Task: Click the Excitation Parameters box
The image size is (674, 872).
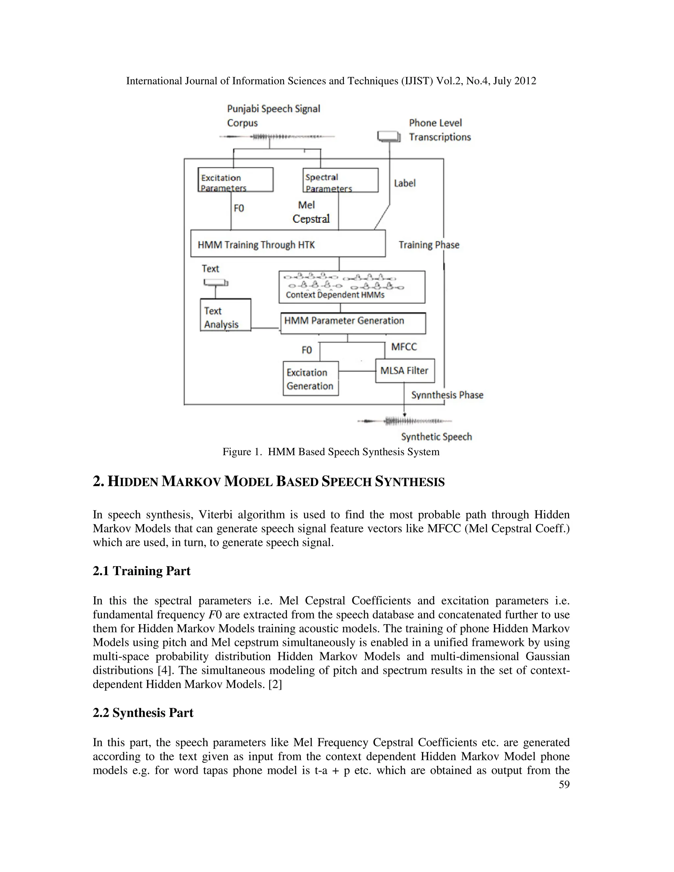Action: (236, 180)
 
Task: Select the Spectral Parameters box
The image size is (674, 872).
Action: (340, 180)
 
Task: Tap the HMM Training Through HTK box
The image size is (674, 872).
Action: (288, 244)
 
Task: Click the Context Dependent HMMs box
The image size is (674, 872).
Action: (352, 287)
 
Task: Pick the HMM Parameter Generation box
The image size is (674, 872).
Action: (353, 323)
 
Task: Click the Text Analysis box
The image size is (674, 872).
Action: (225, 315)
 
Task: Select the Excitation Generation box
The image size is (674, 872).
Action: (311, 378)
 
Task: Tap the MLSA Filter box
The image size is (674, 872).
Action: (404, 371)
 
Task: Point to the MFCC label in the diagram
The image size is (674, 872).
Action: (404, 346)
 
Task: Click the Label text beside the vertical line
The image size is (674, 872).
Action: (404, 183)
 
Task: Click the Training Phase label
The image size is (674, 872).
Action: (429, 245)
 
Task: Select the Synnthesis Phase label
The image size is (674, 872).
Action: (447, 395)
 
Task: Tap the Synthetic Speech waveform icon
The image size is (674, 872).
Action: (404, 421)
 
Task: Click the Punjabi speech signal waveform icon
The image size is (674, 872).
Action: (277, 137)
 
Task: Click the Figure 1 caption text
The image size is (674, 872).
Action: (331, 452)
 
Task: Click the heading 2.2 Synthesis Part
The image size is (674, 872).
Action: (143, 713)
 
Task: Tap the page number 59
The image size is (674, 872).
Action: (564, 784)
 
